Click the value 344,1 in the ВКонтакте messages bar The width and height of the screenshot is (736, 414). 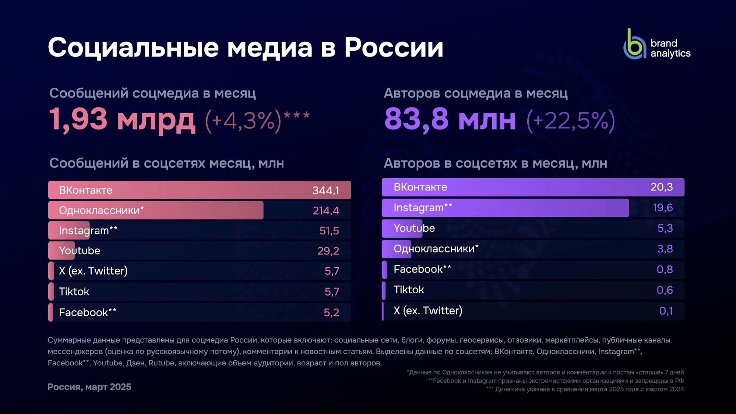(325, 190)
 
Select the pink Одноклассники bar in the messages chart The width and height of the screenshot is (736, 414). (156, 210)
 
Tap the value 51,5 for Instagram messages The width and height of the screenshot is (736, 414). (329, 231)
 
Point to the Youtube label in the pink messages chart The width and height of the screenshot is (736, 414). (80, 251)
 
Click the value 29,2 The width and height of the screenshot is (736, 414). (328, 251)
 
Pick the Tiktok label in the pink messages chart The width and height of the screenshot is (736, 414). (74, 292)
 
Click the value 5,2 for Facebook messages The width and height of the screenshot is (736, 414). (331, 312)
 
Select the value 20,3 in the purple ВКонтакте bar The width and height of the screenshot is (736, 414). (661, 187)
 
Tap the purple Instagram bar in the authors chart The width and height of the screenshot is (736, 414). (505, 208)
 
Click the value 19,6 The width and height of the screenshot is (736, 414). (662, 208)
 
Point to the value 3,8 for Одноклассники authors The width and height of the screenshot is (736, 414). (665, 249)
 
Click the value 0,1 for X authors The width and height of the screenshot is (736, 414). (666, 311)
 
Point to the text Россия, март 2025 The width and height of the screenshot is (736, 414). (89, 387)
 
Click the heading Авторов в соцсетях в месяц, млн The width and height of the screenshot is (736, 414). (495, 163)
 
